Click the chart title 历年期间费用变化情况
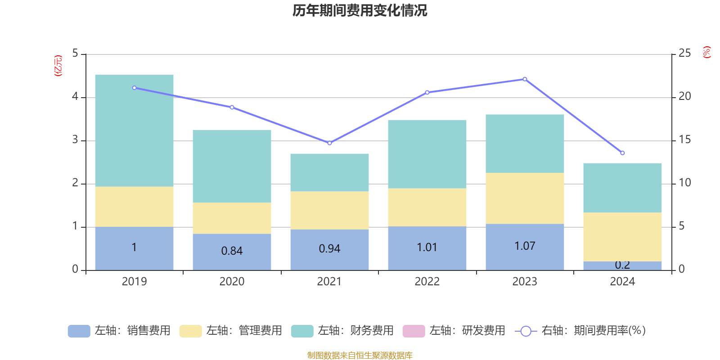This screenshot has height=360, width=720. click(x=360, y=10)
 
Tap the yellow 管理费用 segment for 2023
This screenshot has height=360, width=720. click(x=525, y=198)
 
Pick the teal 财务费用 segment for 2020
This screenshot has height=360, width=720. click(x=232, y=166)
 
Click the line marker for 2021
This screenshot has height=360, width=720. click(x=329, y=143)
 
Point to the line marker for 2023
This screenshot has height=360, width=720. click(x=525, y=79)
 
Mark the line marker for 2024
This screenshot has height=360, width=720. click(x=622, y=153)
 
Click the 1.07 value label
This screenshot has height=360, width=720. click(x=525, y=246)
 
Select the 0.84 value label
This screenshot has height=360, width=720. click(x=232, y=251)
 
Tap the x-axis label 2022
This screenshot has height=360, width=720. click(x=427, y=282)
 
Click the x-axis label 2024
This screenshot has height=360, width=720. click(x=622, y=282)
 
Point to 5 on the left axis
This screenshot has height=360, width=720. click(x=75, y=54)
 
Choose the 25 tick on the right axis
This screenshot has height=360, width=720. click(x=684, y=54)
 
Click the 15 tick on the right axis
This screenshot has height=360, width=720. click(x=684, y=140)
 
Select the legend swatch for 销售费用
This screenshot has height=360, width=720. click(x=79, y=331)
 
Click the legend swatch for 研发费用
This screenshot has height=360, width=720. click(x=414, y=331)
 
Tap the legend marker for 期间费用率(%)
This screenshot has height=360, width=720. click(x=526, y=331)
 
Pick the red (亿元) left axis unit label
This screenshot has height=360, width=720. click(x=58, y=66)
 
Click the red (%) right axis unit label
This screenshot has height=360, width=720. click(x=707, y=52)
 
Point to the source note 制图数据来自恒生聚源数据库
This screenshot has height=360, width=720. click(x=360, y=355)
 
